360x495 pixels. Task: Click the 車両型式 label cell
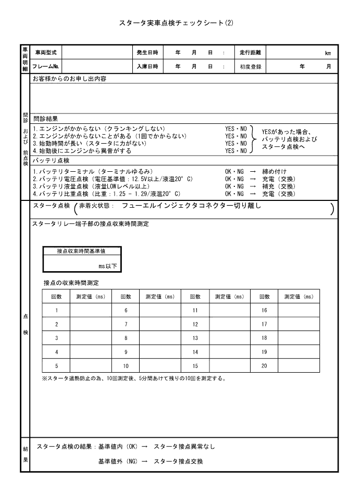point(46,53)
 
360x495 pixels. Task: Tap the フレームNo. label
point(46,67)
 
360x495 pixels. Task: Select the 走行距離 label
point(250,53)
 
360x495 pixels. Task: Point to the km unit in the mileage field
point(328,53)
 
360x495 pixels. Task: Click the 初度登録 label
point(250,67)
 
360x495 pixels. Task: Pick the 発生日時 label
point(147,53)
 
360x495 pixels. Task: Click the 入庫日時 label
point(147,67)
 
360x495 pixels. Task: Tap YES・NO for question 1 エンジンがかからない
point(235,129)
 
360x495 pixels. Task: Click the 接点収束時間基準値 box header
point(82,251)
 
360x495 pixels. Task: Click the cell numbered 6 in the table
point(126,310)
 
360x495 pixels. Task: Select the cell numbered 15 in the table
point(195,366)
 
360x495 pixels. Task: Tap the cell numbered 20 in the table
point(264,366)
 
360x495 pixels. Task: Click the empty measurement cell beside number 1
point(90,310)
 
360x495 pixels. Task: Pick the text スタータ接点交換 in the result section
point(178,462)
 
